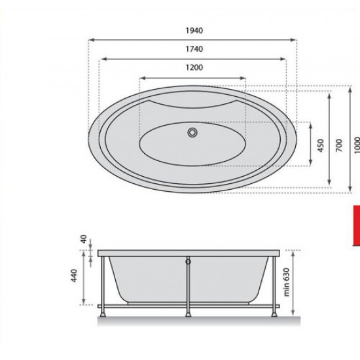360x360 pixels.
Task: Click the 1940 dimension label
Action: point(194,31)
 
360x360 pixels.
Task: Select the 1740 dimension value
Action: point(194,49)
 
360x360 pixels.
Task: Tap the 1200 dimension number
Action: point(194,67)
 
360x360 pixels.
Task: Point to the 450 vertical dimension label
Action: point(321,145)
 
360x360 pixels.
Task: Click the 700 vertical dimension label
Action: point(339,145)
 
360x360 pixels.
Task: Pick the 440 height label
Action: point(74,276)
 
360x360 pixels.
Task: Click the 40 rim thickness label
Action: point(84,239)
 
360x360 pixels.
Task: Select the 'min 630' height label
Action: point(286,282)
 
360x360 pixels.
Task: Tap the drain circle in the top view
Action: point(192,132)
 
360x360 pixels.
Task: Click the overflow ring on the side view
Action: point(189,262)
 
